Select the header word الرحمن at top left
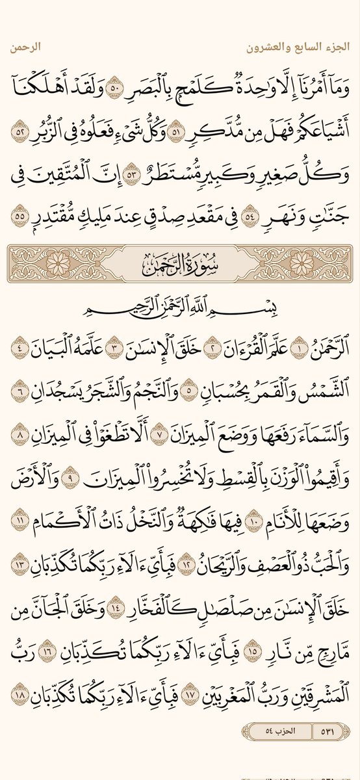(27, 47)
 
